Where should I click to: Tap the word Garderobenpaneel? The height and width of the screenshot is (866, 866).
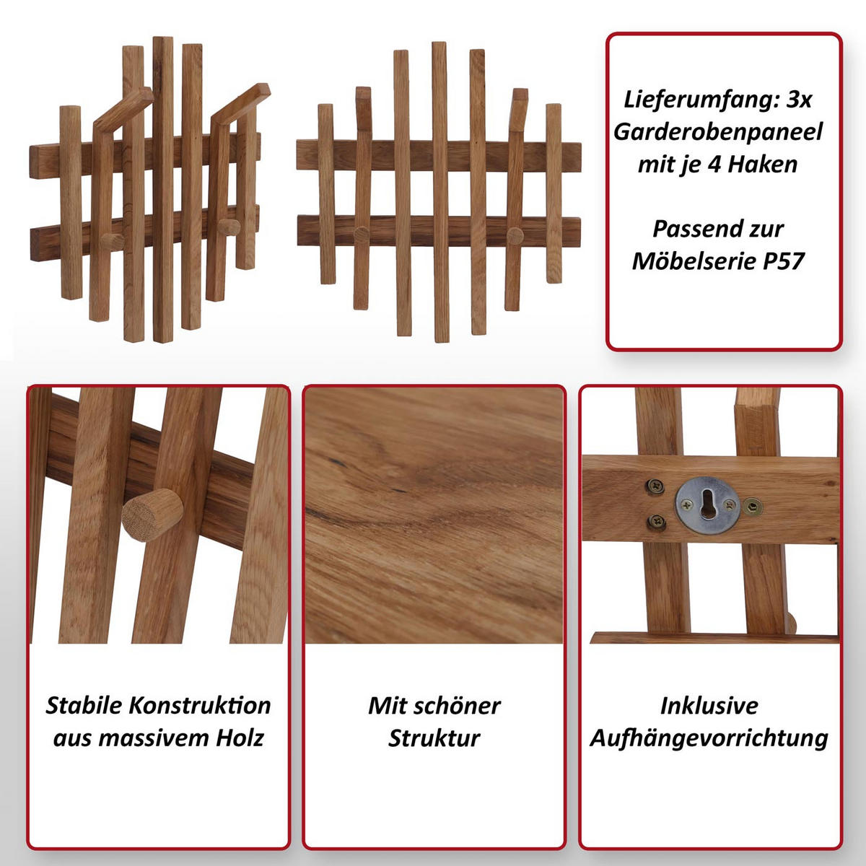coord(717,132)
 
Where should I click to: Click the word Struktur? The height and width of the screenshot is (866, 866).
coord(434,738)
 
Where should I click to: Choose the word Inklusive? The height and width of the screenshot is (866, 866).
coord(709,706)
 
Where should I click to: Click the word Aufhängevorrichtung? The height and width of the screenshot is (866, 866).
coord(709,739)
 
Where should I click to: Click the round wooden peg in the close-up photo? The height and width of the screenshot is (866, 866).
coord(152,515)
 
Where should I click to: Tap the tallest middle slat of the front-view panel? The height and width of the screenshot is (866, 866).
coord(440,192)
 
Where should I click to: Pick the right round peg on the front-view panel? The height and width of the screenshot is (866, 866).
coord(515,235)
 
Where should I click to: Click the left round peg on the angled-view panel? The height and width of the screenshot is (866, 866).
coord(111,241)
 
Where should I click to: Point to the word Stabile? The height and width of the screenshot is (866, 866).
coord(84,706)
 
